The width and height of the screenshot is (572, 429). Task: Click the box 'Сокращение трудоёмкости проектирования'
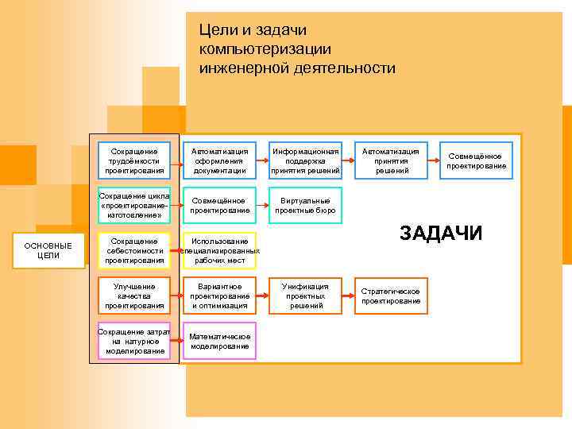click(134, 160)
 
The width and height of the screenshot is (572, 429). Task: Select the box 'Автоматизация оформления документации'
click(220, 160)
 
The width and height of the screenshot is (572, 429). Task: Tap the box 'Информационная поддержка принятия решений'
click(306, 160)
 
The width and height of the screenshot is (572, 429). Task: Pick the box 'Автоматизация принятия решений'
click(391, 160)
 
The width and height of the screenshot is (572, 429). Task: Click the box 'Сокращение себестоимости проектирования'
click(134, 250)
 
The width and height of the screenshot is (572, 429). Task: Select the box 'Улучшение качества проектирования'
click(134, 296)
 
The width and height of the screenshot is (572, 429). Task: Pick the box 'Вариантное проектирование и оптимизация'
click(220, 296)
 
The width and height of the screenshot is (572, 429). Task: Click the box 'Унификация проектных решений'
click(306, 296)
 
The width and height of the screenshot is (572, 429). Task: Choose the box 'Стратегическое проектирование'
click(391, 296)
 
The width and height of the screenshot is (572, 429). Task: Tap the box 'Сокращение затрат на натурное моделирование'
click(134, 341)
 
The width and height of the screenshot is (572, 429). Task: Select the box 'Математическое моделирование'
click(220, 341)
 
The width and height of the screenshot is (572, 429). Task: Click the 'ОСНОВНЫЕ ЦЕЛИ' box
click(48, 250)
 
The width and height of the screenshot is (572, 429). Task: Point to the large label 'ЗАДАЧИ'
click(440, 233)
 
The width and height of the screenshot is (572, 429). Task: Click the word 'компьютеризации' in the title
click(265, 49)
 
